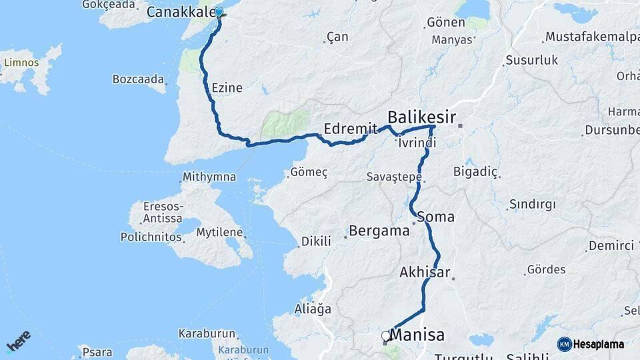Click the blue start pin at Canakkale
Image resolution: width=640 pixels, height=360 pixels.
point(219,12)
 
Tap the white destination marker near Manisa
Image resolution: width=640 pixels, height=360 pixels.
point(386,337)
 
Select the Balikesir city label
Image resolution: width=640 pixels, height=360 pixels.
point(422,118)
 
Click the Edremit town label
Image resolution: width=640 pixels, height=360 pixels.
point(345,129)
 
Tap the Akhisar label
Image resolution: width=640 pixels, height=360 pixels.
point(425,272)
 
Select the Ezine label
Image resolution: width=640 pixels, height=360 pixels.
point(227,87)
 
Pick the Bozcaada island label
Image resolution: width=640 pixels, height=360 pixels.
point(138,79)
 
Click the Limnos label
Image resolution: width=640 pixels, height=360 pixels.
point(21,63)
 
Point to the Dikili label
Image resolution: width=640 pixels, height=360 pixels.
point(315,241)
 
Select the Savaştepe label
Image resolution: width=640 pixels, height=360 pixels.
point(394,177)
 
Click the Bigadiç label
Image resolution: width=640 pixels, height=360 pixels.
point(475,173)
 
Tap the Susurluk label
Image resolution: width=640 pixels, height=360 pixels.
point(531,60)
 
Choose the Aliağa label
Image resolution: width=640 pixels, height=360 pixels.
point(313,309)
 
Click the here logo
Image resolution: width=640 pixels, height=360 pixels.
point(19,341)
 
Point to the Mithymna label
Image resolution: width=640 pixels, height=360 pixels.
point(209,177)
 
